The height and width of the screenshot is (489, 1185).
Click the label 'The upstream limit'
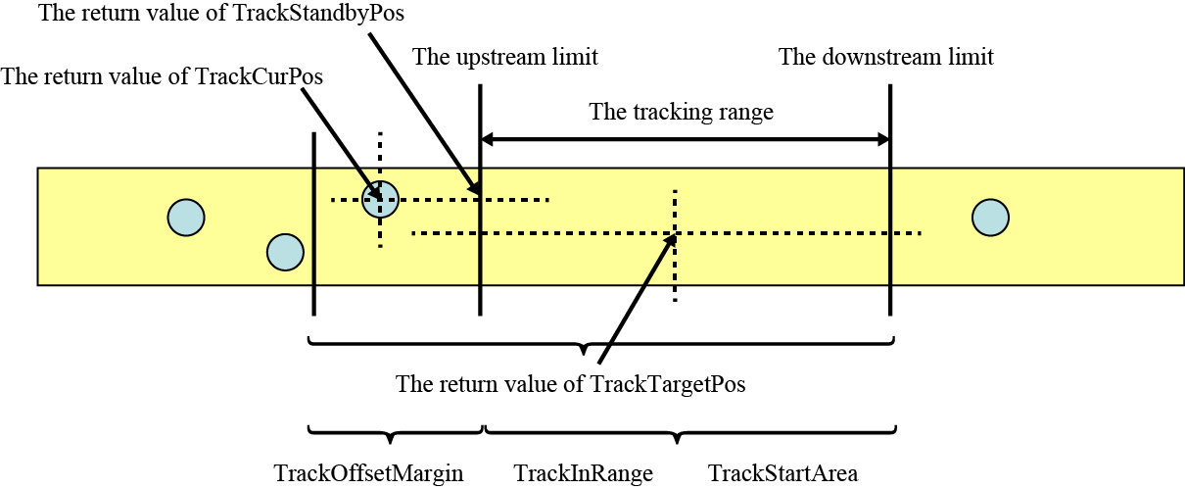point(504,57)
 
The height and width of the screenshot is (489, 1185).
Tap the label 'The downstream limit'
point(885,57)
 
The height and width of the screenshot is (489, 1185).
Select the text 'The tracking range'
point(681,112)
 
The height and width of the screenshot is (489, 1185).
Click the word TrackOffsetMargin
point(368,474)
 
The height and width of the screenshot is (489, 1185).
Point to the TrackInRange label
point(583,474)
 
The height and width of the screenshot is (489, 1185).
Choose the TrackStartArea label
point(782,474)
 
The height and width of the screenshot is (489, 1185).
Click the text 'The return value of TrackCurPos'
point(163,76)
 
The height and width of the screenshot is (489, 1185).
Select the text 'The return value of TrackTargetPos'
point(570,384)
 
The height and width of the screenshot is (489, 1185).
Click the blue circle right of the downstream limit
point(991,217)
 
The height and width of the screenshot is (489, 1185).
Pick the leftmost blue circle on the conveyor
point(185,217)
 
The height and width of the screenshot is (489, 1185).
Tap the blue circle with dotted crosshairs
point(380,200)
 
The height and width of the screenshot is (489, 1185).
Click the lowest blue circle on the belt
point(285,252)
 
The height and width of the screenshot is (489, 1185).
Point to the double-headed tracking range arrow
point(685,140)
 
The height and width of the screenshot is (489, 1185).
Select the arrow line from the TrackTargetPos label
point(637,299)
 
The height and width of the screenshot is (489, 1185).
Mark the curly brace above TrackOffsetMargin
point(395,432)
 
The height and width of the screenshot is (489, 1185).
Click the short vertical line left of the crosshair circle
point(313,223)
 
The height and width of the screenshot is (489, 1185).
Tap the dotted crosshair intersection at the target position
point(675,233)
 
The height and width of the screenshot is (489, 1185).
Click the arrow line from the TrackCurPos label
point(338,137)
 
